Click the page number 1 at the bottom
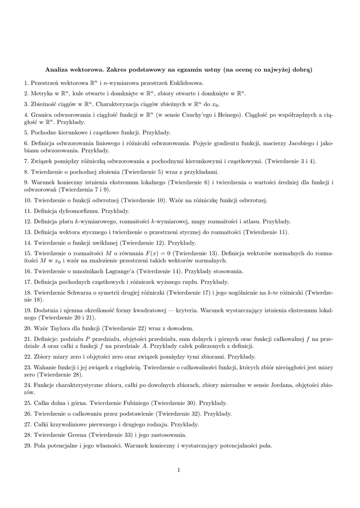[180, 469]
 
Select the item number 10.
[27, 200]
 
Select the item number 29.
[27, 445]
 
